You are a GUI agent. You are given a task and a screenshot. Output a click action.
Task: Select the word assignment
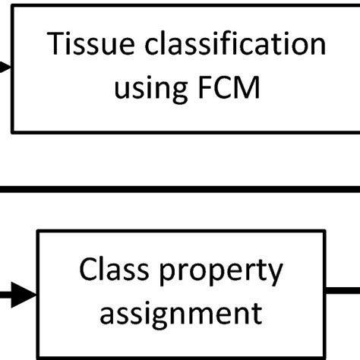(182, 312)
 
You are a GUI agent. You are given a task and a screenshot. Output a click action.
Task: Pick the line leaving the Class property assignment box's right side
(343, 289)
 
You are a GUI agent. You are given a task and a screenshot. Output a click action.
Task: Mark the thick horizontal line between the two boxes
(180, 188)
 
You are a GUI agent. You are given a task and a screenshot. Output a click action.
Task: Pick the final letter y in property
(275, 273)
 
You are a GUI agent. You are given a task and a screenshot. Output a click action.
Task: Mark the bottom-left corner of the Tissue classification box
(13, 131)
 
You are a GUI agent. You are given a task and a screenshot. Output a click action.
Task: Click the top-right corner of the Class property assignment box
(326, 231)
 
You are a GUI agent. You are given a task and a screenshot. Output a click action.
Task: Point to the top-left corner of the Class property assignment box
(38, 231)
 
